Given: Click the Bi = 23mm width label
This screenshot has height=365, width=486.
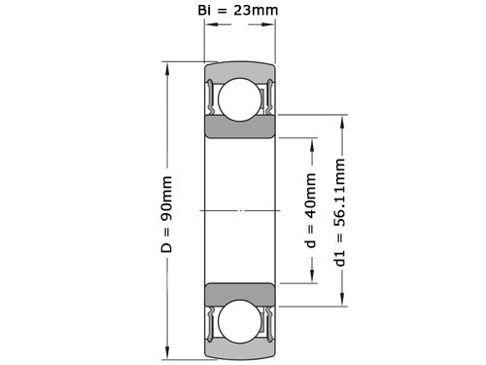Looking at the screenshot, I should pos(237,13).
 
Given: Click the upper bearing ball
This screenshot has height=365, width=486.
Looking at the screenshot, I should pos(238,99).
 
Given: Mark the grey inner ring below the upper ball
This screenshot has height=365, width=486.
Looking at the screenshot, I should pos(238,130).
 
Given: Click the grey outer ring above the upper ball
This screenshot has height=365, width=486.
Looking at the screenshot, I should pos(238,70).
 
